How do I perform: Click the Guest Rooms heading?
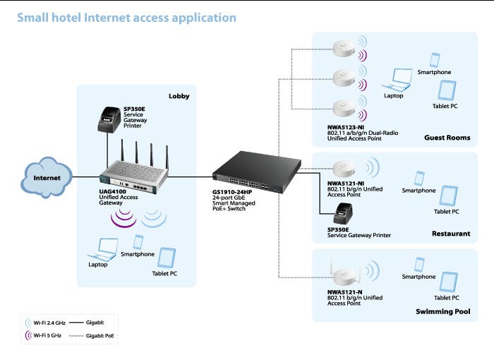click(x=447, y=138)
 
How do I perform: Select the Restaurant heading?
click(x=451, y=234)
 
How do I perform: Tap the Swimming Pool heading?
click(x=442, y=311)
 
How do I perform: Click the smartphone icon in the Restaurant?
click(x=419, y=178)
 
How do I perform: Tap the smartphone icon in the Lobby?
click(x=138, y=242)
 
